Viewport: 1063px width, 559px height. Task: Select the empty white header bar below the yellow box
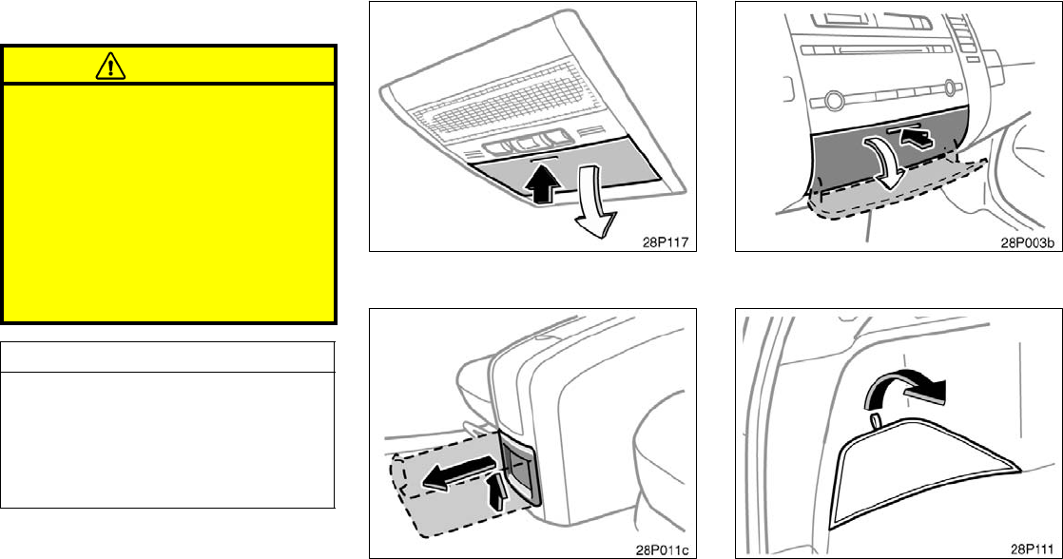[167, 357]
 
